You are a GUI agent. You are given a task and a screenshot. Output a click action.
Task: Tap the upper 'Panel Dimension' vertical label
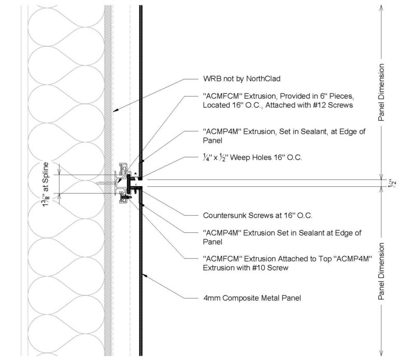[x=382, y=92]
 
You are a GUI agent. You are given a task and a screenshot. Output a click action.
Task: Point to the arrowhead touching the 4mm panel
[x=146, y=274]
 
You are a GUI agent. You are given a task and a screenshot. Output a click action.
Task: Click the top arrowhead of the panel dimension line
[x=382, y=7]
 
